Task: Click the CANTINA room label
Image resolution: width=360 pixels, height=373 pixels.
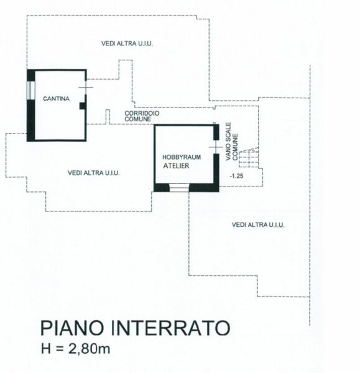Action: click(x=56, y=98)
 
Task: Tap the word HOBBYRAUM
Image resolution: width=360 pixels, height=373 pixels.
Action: click(x=182, y=157)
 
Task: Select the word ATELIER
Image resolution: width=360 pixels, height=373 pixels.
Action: click(x=176, y=165)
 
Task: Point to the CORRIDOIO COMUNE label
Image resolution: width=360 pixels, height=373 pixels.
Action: click(x=142, y=116)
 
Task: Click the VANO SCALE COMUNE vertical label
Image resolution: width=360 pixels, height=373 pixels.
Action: click(x=232, y=141)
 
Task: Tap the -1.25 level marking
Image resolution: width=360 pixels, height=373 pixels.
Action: click(x=236, y=176)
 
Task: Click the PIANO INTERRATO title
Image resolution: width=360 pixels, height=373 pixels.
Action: click(x=135, y=328)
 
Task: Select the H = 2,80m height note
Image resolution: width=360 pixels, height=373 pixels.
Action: click(x=76, y=349)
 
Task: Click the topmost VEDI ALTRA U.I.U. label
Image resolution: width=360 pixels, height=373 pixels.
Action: click(x=127, y=44)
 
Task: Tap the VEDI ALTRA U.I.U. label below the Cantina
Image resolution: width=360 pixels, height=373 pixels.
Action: click(x=93, y=173)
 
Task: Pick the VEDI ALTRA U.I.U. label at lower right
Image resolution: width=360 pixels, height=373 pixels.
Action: click(x=258, y=225)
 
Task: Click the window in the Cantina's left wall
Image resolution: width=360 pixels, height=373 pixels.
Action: click(x=30, y=90)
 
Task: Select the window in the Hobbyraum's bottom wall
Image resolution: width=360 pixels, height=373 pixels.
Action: click(x=179, y=187)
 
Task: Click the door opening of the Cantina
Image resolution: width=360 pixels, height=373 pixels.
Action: click(x=86, y=87)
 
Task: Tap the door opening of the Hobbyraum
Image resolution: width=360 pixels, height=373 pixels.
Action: click(x=216, y=147)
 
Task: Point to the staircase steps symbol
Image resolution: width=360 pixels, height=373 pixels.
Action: click(x=249, y=157)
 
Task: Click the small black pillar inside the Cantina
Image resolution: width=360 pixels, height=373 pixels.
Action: click(x=82, y=106)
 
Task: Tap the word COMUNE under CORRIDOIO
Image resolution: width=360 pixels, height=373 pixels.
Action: click(x=138, y=119)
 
